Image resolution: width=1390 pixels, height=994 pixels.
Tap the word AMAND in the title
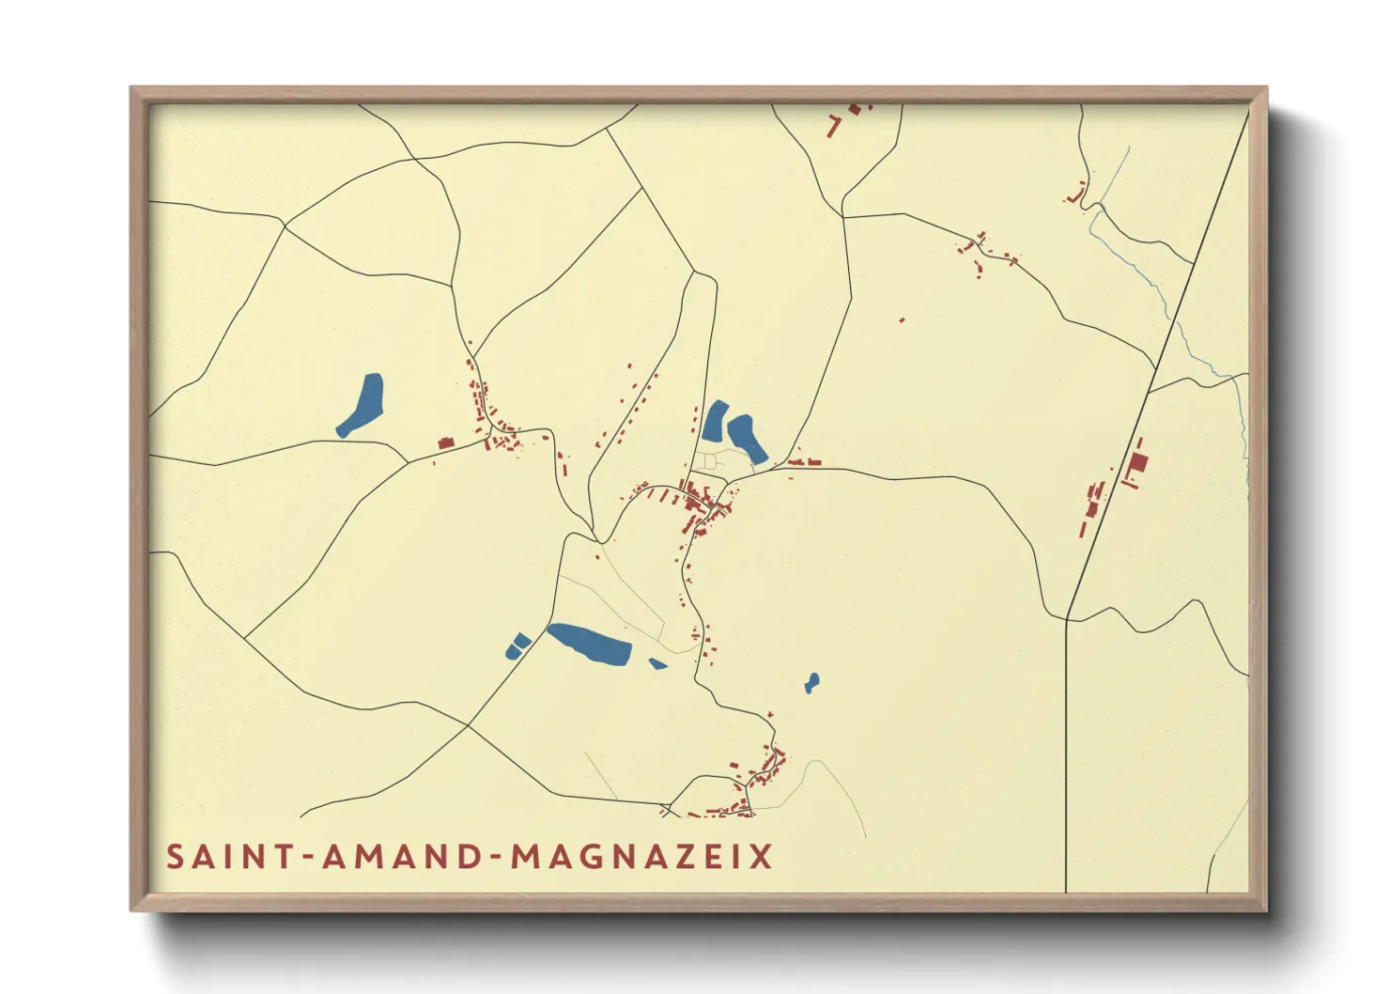point(403,857)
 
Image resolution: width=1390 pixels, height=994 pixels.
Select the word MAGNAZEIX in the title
point(642,857)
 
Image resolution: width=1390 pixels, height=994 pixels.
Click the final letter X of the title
point(761,857)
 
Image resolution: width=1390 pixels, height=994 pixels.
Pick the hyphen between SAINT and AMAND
point(304,858)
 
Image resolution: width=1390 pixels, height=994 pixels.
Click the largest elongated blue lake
point(589,645)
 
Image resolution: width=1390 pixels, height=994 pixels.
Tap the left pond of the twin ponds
point(715,422)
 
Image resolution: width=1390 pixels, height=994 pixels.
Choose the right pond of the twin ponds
point(747,438)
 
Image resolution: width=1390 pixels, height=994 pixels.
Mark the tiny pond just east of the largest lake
point(657,664)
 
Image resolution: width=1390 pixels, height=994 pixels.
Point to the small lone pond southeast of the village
point(811,683)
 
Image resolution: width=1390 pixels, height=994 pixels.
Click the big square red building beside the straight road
point(1138,463)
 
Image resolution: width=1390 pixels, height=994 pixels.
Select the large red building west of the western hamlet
point(446,443)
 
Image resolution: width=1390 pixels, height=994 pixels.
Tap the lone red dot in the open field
point(902,320)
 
